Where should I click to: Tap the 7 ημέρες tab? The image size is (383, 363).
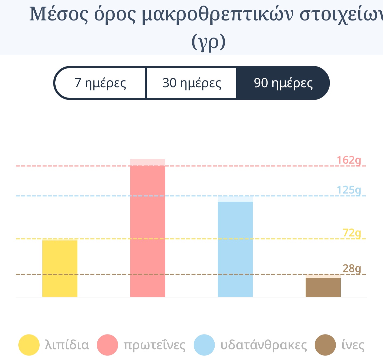click(100, 83)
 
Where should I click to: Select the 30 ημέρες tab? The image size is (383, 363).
click(191, 83)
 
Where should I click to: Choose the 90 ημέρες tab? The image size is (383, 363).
click(283, 83)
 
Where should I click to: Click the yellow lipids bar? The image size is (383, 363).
click(60, 268)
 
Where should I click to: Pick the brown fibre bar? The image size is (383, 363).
click(323, 287)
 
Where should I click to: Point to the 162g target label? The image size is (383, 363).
click(349, 160)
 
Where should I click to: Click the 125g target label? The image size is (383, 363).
click(349, 190)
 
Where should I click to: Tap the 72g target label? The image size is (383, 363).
click(352, 233)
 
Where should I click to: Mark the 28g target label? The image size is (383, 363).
click(352, 268)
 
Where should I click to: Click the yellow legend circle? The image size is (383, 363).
click(29, 345)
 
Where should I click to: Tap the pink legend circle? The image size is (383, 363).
click(107, 345)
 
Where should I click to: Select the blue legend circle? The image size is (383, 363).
click(204, 345)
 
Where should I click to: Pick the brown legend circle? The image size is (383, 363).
click(325, 345)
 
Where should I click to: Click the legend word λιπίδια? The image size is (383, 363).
click(67, 345)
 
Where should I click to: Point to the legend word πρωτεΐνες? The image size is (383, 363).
click(154, 345)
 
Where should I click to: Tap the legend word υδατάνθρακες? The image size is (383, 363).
click(264, 345)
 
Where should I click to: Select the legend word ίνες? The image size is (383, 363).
click(353, 345)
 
